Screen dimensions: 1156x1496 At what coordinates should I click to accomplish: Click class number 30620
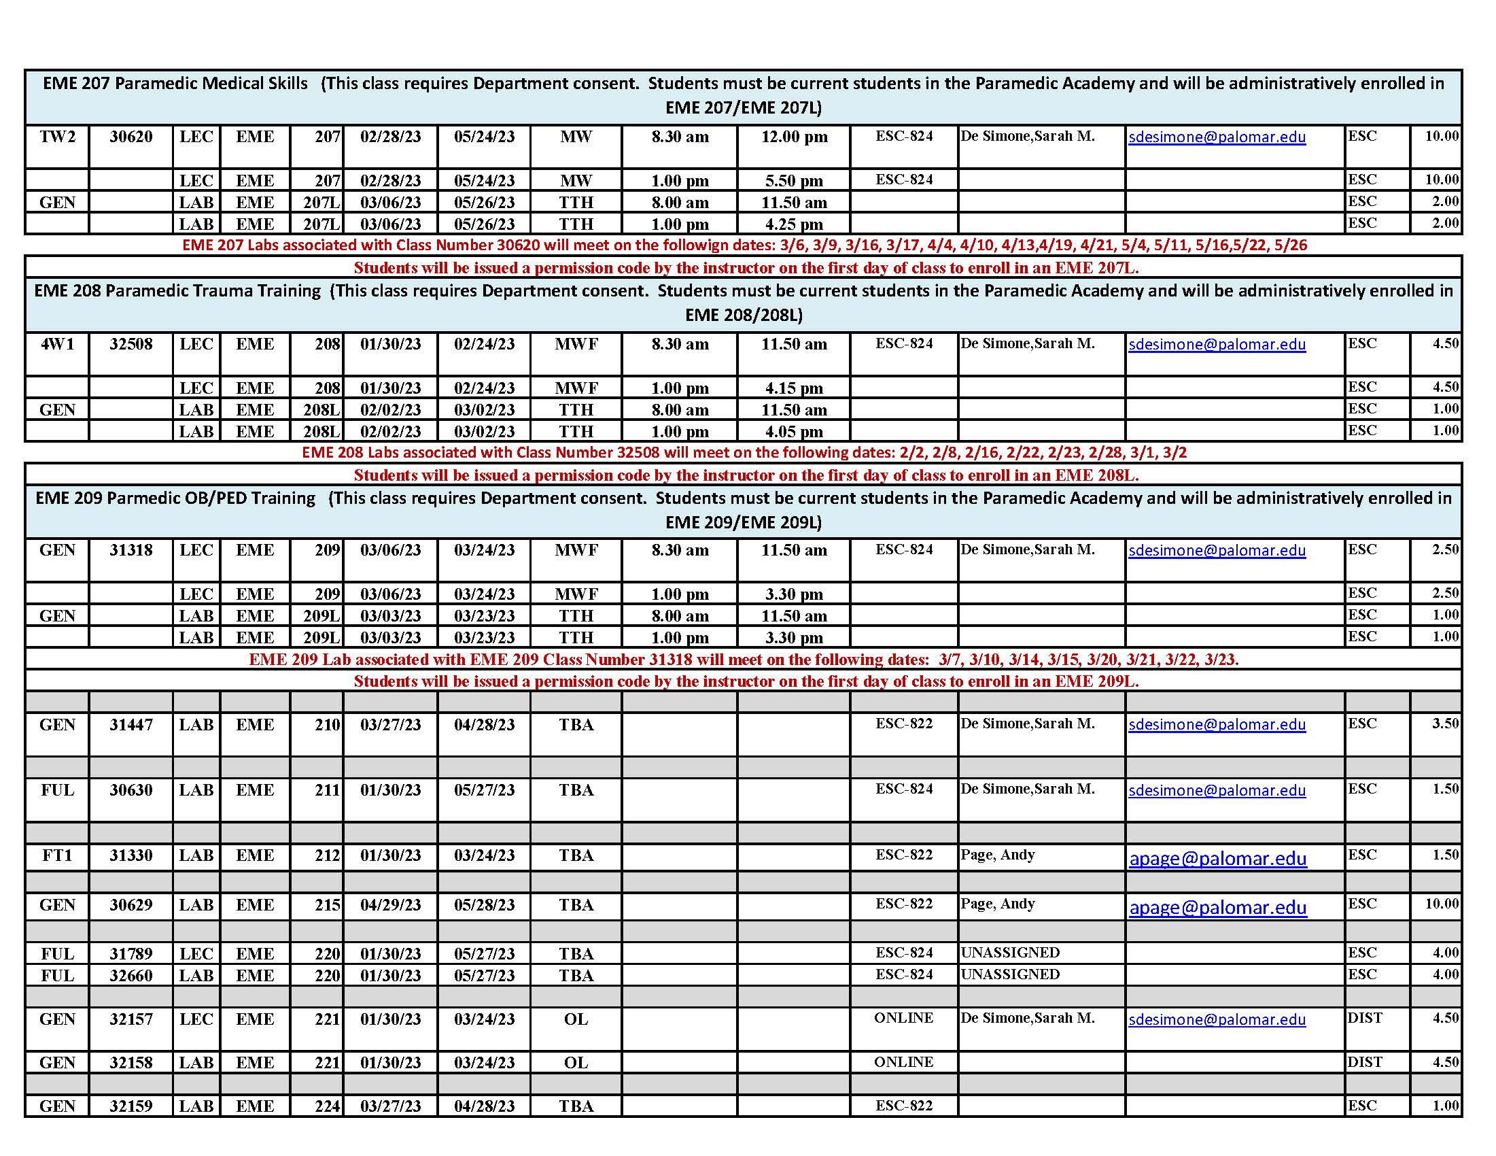[x=131, y=137]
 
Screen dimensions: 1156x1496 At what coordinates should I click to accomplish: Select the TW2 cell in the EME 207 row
[x=57, y=137]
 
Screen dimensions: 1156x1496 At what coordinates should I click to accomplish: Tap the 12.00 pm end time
[x=794, y=137]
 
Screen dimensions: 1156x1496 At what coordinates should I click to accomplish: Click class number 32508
[x=131, y=344]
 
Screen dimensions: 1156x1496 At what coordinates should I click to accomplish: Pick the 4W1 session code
[x=57, y=344]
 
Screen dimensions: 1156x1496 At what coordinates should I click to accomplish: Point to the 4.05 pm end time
[x=794, y=432]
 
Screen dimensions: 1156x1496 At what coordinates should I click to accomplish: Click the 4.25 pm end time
[x=794, y=224]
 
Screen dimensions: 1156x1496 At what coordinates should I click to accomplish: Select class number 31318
[x=131, y=550]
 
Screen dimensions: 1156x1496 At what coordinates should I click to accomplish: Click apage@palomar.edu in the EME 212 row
[x=1217, y=859]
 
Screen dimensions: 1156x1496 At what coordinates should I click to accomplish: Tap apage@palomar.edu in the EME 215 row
[x=1217, y=908]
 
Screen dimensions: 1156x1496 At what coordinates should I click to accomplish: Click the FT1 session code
[x=57, y=856]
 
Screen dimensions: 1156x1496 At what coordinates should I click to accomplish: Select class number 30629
[x=131, y=905]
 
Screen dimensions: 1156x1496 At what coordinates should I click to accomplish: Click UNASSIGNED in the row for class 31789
[x=1009, y=953]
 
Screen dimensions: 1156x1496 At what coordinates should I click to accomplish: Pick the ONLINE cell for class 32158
[x=903, y=1062]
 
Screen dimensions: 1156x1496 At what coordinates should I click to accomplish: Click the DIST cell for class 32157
[x=1365, y=1018]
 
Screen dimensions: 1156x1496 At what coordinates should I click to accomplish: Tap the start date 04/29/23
[x=390, y=905]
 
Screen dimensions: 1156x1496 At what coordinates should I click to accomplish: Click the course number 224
[x=328, y=1106]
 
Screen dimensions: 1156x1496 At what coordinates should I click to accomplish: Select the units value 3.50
[x=1445, y=724]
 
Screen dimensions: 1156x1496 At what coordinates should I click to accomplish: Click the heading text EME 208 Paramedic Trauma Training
[x=177, y=291]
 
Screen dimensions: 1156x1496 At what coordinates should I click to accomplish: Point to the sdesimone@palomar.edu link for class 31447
[x=1217, y=725]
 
